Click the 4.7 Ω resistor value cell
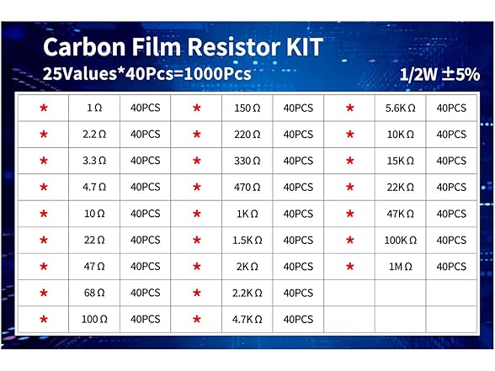coord(95,187)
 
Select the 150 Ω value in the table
coord(247,108)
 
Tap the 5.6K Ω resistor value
coord(400,108)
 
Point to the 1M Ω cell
coord(400,267)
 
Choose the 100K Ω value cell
coord(400,241)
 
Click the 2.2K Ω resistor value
coord(247,293)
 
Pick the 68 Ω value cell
coord(95,293)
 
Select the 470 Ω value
coord(247,187)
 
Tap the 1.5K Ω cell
coord(247,241)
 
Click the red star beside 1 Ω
coord(44,108)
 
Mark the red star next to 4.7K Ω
coord(197,320)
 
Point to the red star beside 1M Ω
coord(349,267)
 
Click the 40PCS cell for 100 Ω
coord(145,320)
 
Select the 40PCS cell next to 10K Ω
coord(451,134)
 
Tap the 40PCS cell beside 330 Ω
coord(298,161)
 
